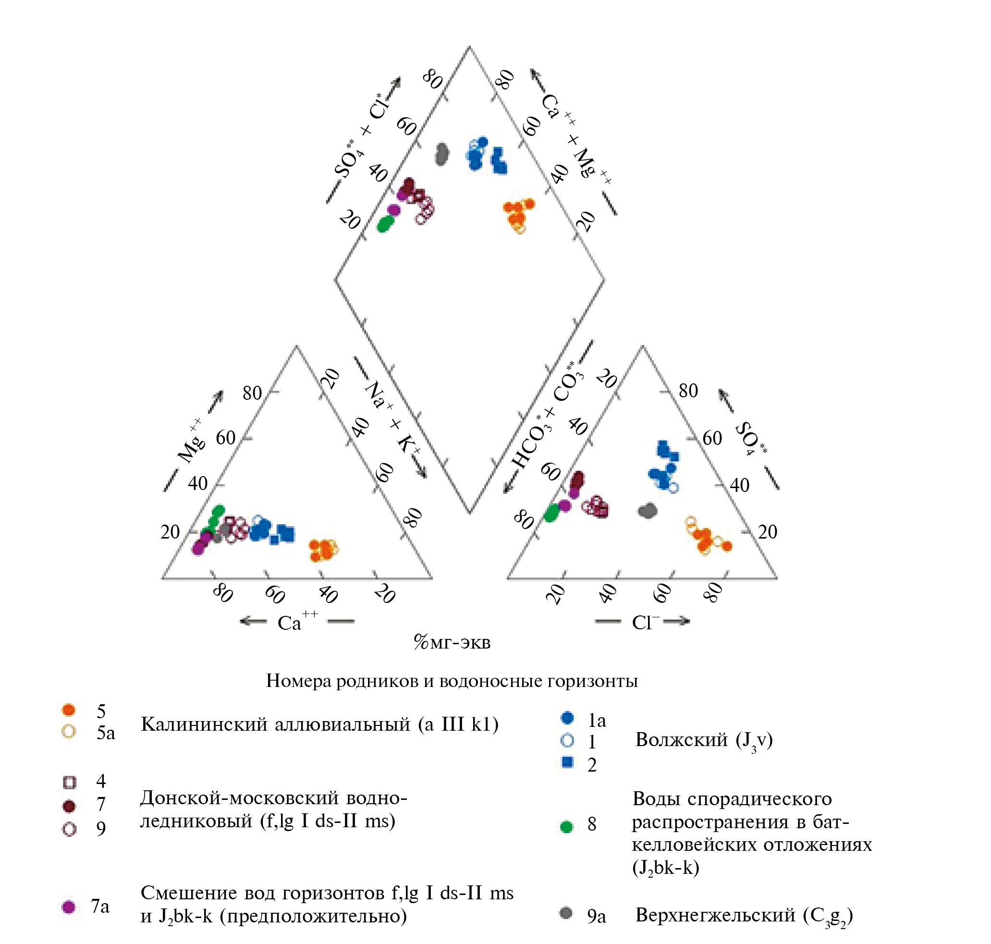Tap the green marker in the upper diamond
[x=386, y=223]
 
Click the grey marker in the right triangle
[x=648, y=511]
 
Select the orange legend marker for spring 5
[x=68, y=710]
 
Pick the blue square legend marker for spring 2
[x=567, y=762]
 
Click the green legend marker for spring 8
[x=566, y=827]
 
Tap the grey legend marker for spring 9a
[x=566, y=913]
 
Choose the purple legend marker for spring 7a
[x=68, y=907]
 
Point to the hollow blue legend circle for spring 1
[x=567, y=740]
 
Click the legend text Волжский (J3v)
[x=704, y=740]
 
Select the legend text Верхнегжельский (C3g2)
[x=744, y=915]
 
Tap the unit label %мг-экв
[x=452, y=643]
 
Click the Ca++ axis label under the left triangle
[x=297, y=622]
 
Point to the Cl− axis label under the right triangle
[x=646, y=623]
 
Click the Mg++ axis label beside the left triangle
[x=191, y=442]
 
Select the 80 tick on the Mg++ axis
[x=252, y=393]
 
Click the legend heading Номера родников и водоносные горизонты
[x=452, y=680]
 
